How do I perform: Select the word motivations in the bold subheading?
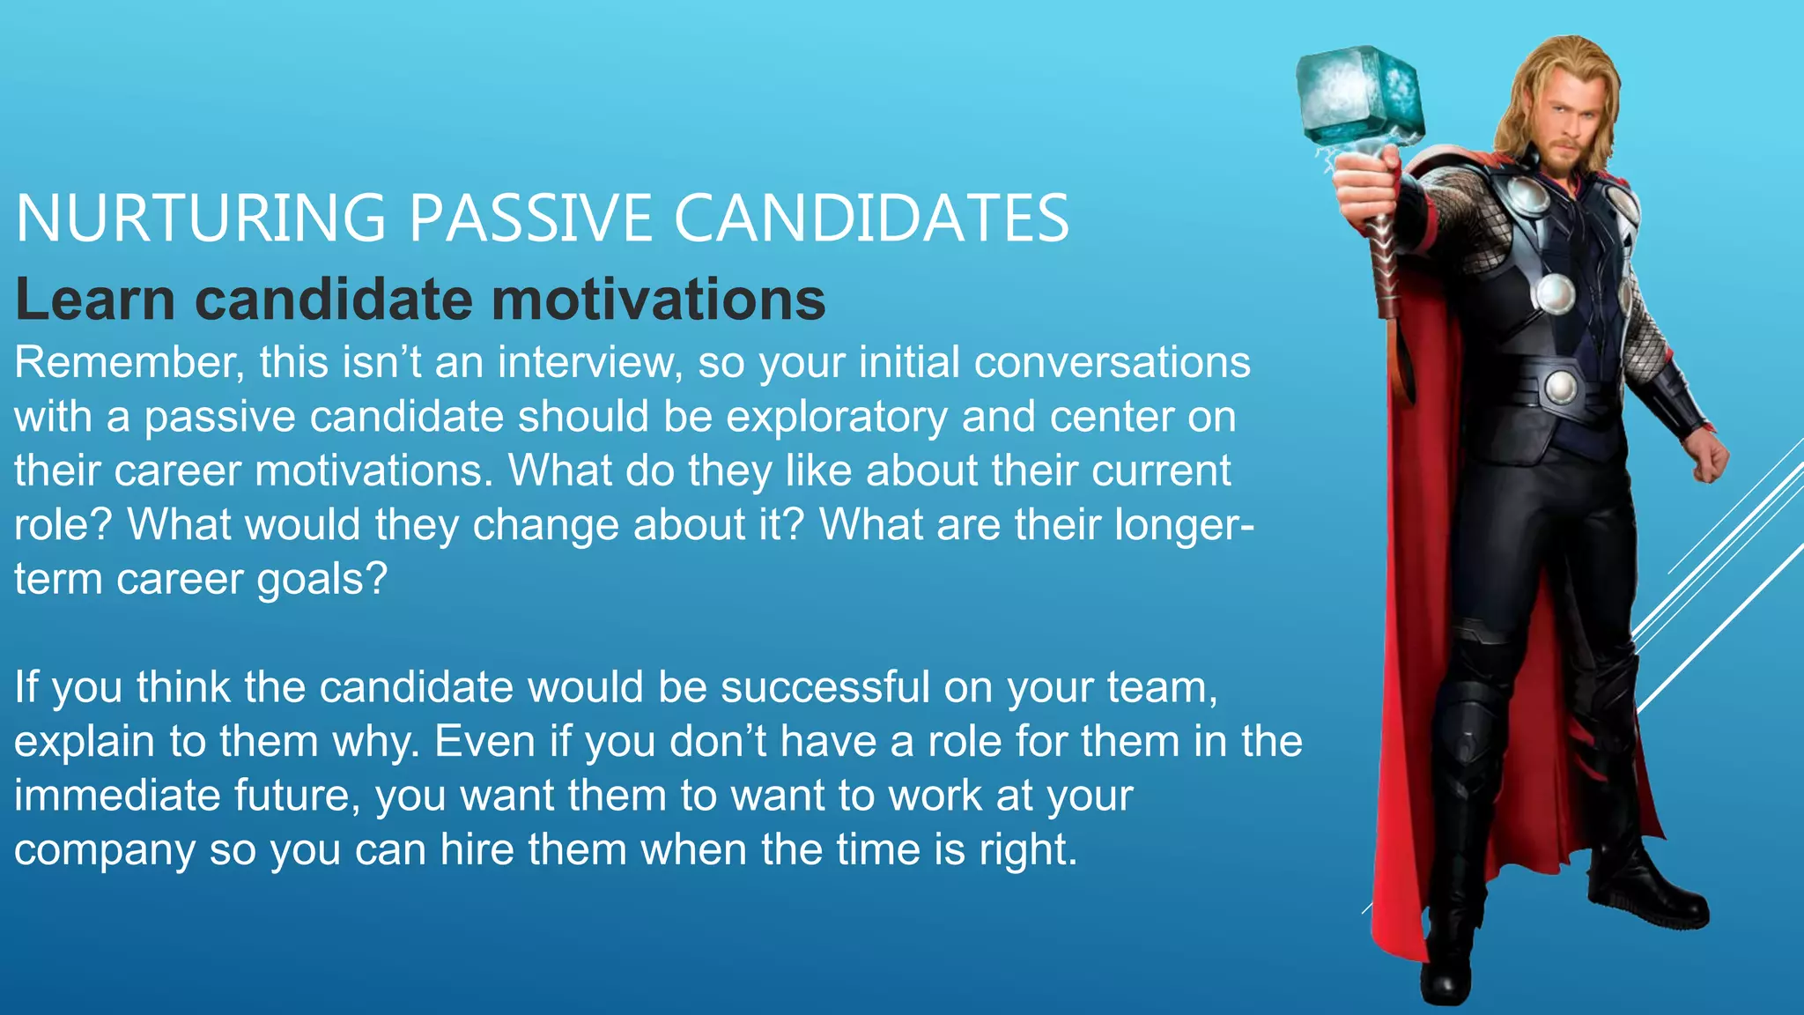[x=658, y=300]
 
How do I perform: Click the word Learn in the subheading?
[x=95, y=300]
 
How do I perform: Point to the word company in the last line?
[x=104, y=850]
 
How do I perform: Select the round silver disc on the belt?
[x=1561, y=386]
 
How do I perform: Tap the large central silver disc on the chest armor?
[x=1555, y=293]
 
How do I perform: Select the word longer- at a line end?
[x=1184, y=526]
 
